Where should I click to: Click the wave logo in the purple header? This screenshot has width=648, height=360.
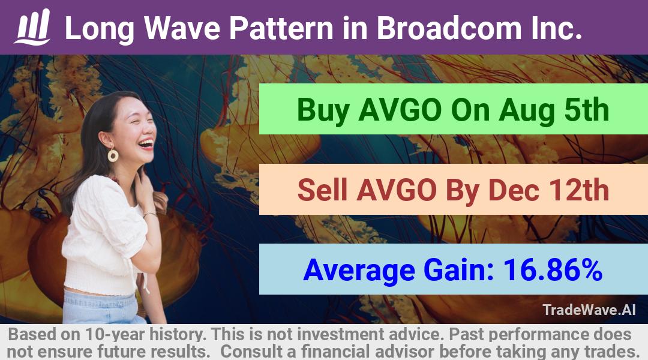[x=32, y=27]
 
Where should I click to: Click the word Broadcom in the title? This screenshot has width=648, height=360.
[x=449, y=28]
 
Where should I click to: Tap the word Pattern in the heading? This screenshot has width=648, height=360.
[x=281, y=28]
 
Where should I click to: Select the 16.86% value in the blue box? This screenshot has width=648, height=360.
[x=552, y=269]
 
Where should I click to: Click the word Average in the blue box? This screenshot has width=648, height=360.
[x=359, y=271]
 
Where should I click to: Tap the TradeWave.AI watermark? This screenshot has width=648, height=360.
[x=589, y=310]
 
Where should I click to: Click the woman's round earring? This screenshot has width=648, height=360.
[x=112, y=155]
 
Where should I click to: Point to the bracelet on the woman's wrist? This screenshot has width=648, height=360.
[x=149, y=215]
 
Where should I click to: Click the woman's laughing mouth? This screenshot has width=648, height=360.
[x=146, y=144]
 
